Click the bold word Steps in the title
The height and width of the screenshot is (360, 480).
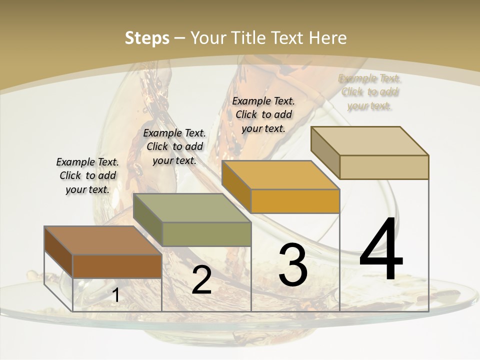(146, 38)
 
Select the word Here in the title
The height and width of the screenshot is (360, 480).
(328, 38)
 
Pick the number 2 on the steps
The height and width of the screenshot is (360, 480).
(201, 280)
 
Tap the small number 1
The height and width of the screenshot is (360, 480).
(115, 295)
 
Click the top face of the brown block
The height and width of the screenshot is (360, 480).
(102, 240)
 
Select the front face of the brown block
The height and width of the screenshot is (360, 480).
(117, 266)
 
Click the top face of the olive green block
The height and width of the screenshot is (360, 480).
(192, 208)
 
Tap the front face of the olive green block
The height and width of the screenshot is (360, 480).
(206, 234)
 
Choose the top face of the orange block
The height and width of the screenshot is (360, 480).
(280, 175)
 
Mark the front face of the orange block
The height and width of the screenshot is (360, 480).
(295, 201)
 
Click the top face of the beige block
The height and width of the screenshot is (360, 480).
(370, 141)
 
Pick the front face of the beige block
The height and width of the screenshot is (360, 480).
(384, 167)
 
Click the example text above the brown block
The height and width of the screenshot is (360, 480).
(87, 175)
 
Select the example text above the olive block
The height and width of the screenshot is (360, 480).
(174, 146)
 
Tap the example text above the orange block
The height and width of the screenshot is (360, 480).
(263, 114)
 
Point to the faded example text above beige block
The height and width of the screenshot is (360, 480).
(370, 92)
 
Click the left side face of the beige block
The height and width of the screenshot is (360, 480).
(325, 152)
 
